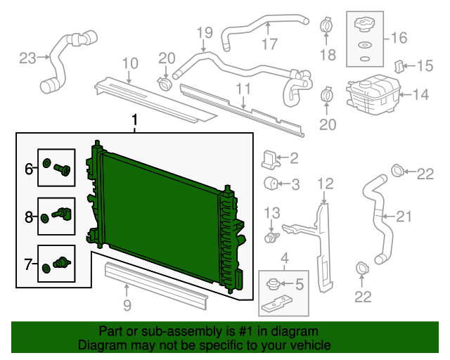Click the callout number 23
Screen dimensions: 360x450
(27, 58)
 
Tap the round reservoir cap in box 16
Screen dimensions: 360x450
(364, 25)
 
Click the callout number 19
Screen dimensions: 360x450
(204, 32)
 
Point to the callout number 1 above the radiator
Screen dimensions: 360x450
(135, 123)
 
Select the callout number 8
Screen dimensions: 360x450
(30, 218)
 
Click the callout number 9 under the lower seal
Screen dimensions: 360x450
(127, 304)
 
